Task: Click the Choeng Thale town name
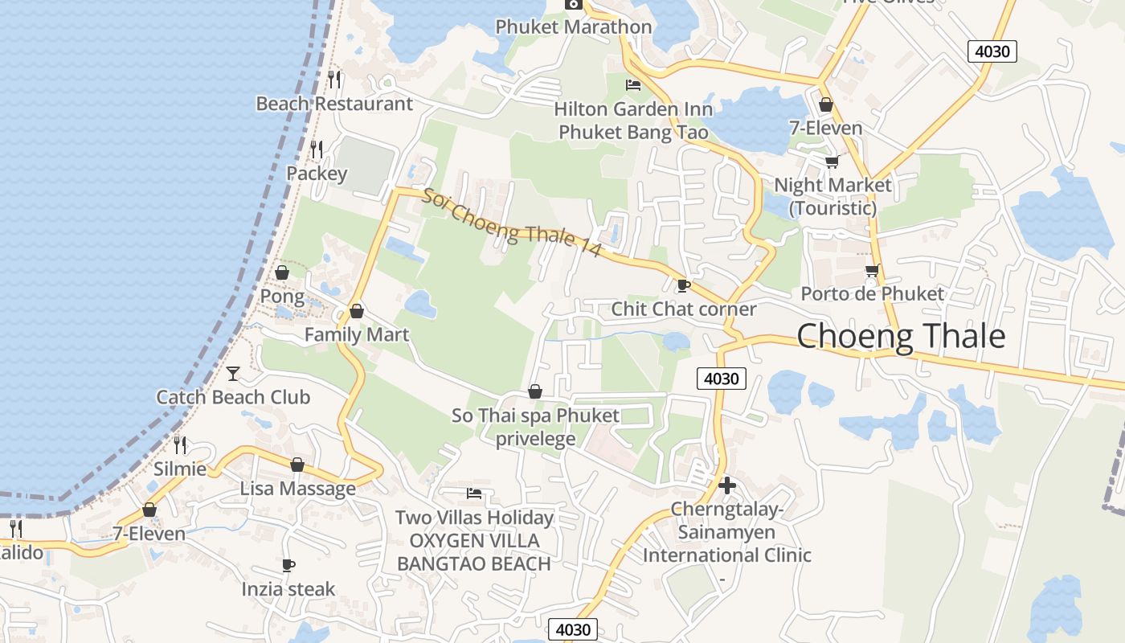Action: (901, 336)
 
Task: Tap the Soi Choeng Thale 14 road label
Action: (512, 223)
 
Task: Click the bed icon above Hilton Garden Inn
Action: (633, 84)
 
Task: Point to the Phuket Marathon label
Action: (573, 27)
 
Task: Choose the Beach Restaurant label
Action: (334, 104)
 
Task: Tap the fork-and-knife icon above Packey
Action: (317, 149)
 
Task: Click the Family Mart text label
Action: (357, 334)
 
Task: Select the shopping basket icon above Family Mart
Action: (357, 310)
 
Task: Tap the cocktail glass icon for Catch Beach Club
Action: (233, 373)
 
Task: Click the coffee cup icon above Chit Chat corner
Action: (683, 285)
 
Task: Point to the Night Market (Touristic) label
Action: (832, 196)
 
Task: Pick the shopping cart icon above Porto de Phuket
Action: (873, 270)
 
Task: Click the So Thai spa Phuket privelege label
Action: (535, 427)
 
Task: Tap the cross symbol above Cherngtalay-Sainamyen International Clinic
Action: (727, 485)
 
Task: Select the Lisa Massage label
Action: (297, 489)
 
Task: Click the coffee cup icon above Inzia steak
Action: (288, 565)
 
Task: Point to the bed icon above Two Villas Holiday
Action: (474, 493)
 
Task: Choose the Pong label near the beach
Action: (282, 297)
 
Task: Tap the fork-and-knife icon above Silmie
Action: (181, 444)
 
